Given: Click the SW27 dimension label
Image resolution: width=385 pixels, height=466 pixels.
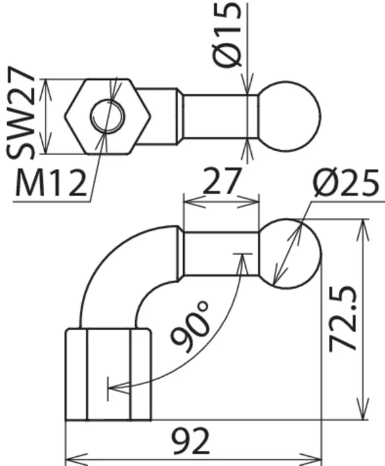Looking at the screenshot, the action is click(x=20, y=113).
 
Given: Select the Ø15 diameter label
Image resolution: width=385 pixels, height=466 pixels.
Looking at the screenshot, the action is click(x=228, y=35).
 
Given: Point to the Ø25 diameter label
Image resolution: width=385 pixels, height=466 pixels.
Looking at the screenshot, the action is click(x=346, y=183).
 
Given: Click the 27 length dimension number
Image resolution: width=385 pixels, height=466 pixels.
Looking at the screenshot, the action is click(x=221, y=181).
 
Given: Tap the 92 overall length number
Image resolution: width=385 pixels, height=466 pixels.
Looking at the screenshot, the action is click(x=191, y=441).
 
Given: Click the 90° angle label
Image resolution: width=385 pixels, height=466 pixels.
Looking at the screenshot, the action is click(x=190, y=327).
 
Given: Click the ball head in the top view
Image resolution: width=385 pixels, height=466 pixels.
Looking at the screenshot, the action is click(x=289, y=116).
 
